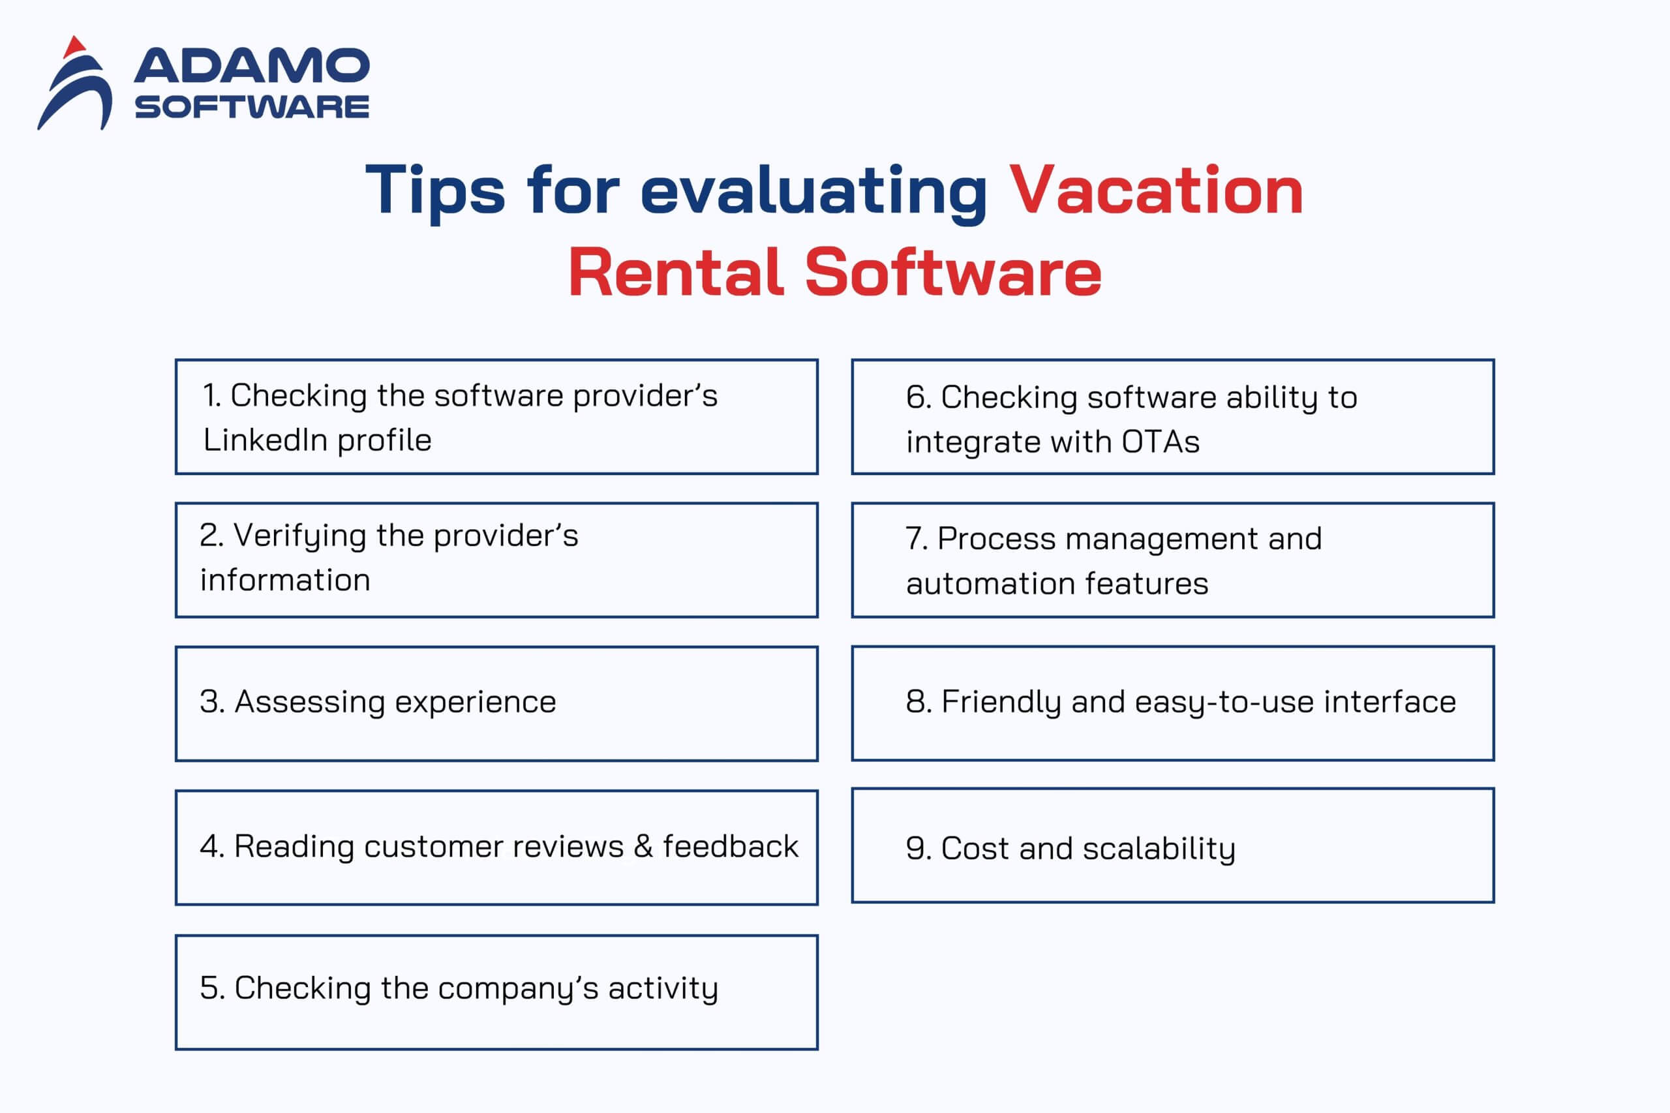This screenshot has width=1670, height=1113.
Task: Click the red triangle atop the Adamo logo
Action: pyautogui.click(x=74, y=48)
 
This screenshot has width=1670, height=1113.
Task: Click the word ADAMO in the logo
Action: pyautogui.click(x=251, y=66)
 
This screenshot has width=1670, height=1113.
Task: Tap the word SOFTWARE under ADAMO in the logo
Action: pyautogui.click(x=251, y=107)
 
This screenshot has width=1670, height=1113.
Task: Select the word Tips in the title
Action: pyautogui.click(x=434, y=191)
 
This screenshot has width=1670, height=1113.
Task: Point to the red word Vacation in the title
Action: pyautogui.click(x=1155, y=191)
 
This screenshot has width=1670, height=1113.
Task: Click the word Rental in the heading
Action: pyautogui.click(x=676, y=273)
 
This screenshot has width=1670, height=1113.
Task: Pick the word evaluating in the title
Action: pyautogui.click(x=813, y=191)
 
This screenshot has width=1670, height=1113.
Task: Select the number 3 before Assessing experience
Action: pyautogui.click(x=211, y=702)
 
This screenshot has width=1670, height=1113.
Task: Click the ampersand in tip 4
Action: pyautogui.click(x=643, y=846)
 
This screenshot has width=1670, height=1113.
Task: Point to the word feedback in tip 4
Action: pyautogui.click(x=731, y=846)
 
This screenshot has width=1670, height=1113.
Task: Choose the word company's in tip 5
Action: pyautogui.click(x=518, y=989)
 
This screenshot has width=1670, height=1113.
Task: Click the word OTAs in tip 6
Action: pyautogui.click(x=1161, y=442)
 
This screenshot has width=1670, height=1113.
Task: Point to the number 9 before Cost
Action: pyautogui.click(x=917, y=848)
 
